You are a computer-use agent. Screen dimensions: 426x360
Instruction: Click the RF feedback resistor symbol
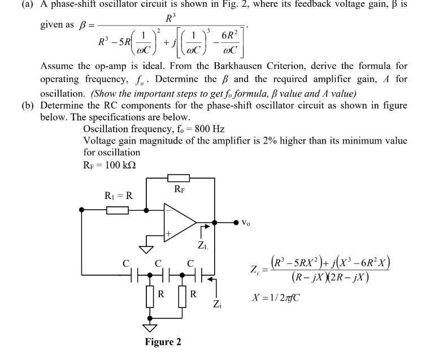click(x=179, y=178)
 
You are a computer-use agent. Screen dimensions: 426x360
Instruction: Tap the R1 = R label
click(x=119, y=196)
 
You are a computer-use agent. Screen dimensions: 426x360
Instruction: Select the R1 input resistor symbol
click(x=118, y=210)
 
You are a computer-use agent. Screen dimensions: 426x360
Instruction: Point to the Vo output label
click(x=245, y=223)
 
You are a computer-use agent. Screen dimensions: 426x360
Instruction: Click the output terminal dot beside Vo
click(x=236, y=223)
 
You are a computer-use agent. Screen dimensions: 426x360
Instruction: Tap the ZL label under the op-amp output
click(x=202, y=246)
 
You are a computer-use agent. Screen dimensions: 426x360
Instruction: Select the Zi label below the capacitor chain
click(x=216, y=304)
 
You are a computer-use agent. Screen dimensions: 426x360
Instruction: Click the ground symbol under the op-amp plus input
click(x=146, y=248)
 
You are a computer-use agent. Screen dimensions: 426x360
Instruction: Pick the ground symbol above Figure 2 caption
click(x=150, y=328)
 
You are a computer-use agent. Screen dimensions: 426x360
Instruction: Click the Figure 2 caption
click(x=163, y=342)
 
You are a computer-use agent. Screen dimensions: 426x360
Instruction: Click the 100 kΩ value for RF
click(x=120, y=164)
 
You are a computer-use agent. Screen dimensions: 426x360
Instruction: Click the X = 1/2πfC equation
click(x=275, y=297)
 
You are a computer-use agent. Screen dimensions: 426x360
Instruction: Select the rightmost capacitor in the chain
click(x=199, y=276)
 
